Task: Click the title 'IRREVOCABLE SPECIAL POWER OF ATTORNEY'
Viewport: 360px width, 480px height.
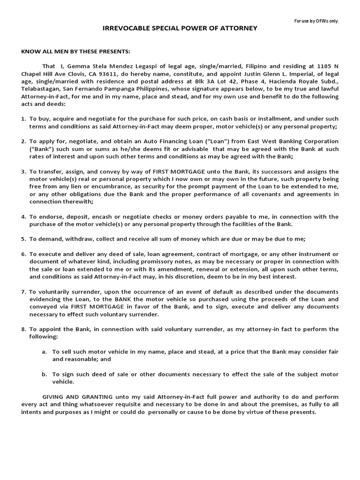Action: click(180, 29)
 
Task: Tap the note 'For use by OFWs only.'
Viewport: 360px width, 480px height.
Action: click(316, 21)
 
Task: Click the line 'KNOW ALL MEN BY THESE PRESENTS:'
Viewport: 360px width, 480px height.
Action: click(75, 51)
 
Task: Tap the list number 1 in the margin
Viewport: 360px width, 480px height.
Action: click(23, 119)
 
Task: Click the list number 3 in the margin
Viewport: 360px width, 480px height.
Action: click(23, 172)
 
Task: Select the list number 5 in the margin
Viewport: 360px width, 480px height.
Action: click(23, 239)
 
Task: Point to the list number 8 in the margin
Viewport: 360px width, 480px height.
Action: click(23, 329)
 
